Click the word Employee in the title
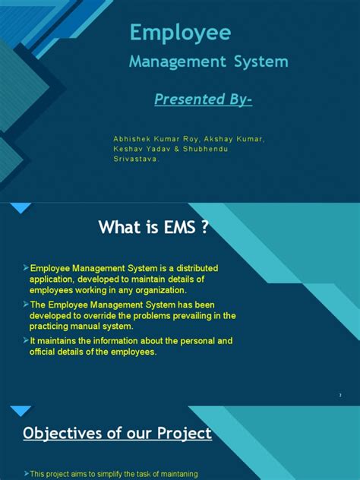pos(179,33)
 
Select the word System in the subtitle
pos(259,62)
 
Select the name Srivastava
pos(136,159)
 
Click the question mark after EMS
pos(203,228)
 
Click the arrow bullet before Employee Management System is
pos(25,269)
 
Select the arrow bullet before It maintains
pos(25,341)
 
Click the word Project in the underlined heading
pos(183,434)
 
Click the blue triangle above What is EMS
pos(21,207)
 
